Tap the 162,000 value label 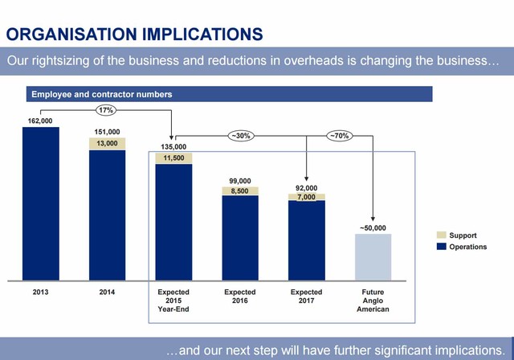[40, 121]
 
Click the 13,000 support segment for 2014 [107, 144]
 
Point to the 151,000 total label [107, 132]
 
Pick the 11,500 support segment [173, 158]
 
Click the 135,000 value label [173, 146]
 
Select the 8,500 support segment [240, 191]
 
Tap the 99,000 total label [240, 180]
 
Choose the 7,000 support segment [307, 197]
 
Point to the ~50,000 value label [373, 227]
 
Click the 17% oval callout [105, 109]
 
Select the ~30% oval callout [240, 136]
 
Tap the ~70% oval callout [339, 136]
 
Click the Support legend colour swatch [441, 235]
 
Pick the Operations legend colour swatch [441, 247]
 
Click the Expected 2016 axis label [240, 297]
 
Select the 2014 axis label [107, 292]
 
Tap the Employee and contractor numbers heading [102, 95]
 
